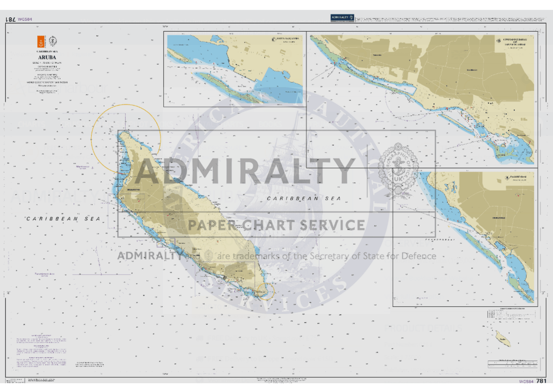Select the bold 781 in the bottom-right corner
coord(541,381)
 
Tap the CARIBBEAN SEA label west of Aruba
coord(64,219)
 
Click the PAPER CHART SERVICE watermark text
coord(276,225)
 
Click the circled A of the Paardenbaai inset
coord(507,178)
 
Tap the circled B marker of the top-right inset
coord(499,40)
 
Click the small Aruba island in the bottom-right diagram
coord(502,340)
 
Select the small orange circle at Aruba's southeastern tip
coord(266,293)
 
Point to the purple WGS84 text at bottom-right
coord(526,381)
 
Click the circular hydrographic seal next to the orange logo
coord(52,42)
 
